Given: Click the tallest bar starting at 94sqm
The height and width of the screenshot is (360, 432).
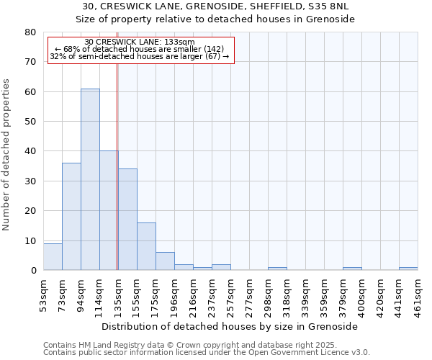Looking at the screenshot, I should [x=90, y=180].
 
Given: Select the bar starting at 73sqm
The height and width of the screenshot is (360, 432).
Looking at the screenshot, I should [x=71, y=217].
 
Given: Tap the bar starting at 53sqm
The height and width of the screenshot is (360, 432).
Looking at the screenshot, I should [x=53, y=257].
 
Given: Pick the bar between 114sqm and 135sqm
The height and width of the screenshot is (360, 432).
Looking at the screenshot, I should [x=109, y=211].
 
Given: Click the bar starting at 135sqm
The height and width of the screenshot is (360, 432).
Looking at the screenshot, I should [x=127, y=220].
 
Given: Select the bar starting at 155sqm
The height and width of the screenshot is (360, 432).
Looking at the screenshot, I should [x=146, y=247].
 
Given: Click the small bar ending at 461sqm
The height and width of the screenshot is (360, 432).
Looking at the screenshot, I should [x=408, y=269].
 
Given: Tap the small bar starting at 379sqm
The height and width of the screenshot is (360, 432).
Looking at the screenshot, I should [x=352, y=269].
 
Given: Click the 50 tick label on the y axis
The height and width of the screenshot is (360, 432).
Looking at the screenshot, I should [x=30, y=122].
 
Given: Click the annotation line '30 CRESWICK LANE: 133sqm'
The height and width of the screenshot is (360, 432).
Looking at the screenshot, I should [x=140, y=42].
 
